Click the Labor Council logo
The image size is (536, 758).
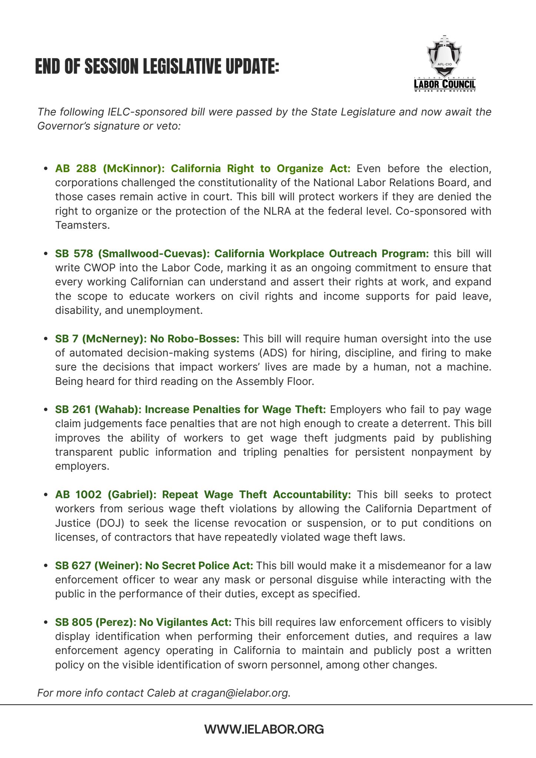click(x=444, y=64)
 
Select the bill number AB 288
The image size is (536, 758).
click(x=76, y=169)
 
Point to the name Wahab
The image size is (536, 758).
click(x=118, y=410)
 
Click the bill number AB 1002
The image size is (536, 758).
click(x=78, y=495)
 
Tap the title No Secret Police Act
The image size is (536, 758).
click(x=199, y=566)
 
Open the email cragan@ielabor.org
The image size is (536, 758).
click(x=239, y=693)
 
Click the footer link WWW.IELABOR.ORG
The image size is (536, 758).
click(x=264, y=730)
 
